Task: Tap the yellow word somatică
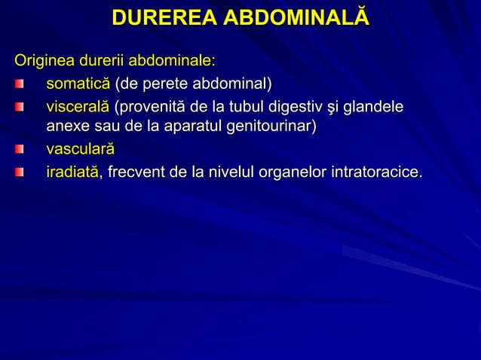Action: [x=78, y=82]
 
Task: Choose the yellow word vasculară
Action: [x=80, y=149]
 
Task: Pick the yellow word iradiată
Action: [x=72, y=172]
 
